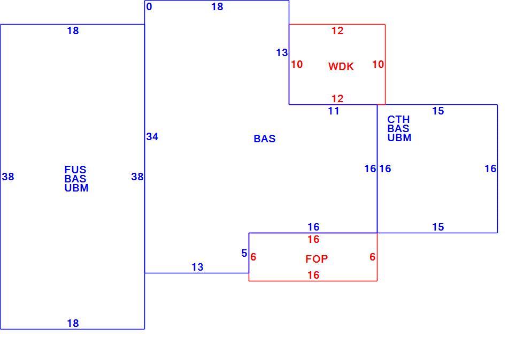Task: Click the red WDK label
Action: pos(341,66)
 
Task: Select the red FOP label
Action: pos(317,259)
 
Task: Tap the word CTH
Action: pos(398,119)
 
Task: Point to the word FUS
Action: pos(75,170)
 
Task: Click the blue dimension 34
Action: pos(152,136)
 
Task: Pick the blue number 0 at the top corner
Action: pos(149,6)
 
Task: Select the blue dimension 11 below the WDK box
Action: pos(334,111)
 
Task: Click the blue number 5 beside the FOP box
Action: pos(244,254)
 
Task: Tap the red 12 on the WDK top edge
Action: pos(337,30)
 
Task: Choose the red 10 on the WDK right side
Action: pos(379,64)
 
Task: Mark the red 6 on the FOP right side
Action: pos(373,257)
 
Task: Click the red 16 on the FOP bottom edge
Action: pos(313,275)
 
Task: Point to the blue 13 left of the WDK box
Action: pos(282,52)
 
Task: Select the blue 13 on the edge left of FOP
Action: pos(197,267)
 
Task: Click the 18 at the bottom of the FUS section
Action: pos(73,323)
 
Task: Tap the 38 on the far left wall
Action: pos(8,177)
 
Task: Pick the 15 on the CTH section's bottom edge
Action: pos(438,227)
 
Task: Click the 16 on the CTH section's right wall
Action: pos(491,168)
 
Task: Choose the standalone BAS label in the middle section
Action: pos(265,139)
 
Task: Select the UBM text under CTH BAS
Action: pos(399,137)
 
